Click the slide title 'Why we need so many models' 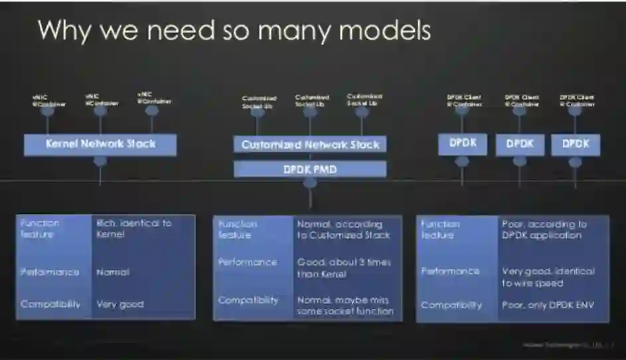234,30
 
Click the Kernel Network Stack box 100,144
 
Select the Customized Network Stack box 310,144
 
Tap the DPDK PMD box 310,169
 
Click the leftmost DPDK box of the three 462,143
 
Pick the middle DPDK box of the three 520,143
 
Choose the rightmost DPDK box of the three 576,143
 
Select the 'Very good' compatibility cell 119,304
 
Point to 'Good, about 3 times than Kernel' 344,268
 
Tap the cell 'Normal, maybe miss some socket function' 345,305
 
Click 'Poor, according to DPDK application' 544,230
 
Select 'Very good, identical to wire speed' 548,277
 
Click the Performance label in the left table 50,272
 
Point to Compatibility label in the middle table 249,300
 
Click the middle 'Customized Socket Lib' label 312,100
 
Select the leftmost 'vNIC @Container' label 48,100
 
